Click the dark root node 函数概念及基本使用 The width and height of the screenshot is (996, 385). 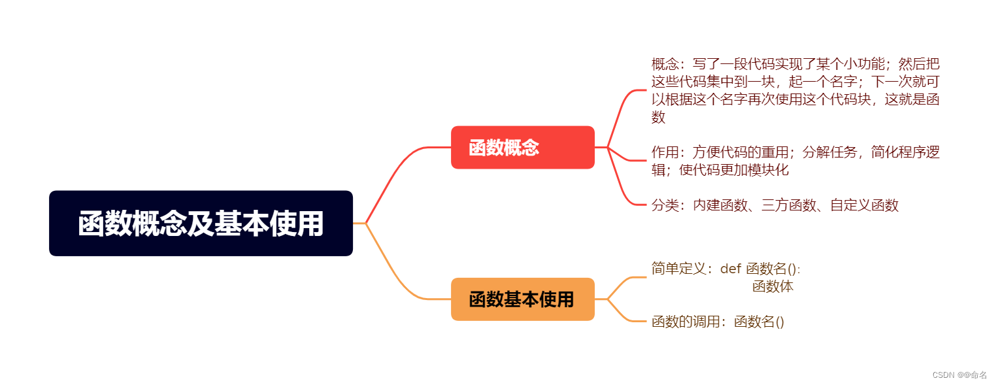click(201, 224)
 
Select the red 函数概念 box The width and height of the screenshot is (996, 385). click(522, 148)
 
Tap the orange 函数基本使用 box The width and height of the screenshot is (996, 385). click(522, 299)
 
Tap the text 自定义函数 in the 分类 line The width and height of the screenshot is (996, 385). click(864, 205)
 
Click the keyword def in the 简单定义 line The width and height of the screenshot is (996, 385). click(731, 269)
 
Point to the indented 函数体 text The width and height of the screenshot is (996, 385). click(772, 286)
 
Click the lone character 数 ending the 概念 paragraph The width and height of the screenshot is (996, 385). click(658, 118)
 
